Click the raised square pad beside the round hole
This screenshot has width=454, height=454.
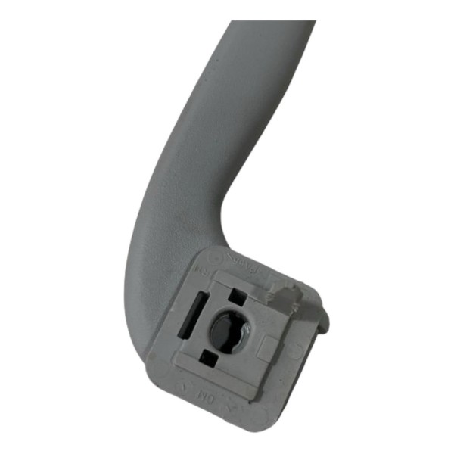pyautogui.click(x=267, y=347)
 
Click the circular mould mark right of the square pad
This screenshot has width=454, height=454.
pyautogui.click(x=296, y=351)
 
